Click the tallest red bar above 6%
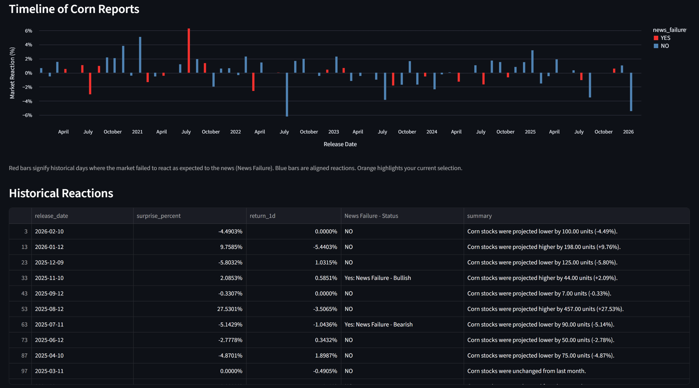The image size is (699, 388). click(189, 50)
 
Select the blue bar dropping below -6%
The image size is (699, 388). click(287, 94)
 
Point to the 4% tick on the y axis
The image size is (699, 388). click(28, 45)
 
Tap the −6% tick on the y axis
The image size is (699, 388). click(27, 115)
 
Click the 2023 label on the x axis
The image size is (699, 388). click(333, 132)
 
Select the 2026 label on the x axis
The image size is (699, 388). click(628, 132)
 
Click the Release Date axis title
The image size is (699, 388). click(340, 144)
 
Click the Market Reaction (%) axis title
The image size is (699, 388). click(12, 73)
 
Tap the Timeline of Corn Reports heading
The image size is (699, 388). click(74, 9)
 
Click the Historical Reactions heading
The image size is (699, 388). click(61, 193)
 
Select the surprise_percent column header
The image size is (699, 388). click(159, 216)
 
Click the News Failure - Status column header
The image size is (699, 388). click(371, 216)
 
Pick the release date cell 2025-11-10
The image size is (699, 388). click(49, 278)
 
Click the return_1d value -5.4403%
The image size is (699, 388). click(325, 247)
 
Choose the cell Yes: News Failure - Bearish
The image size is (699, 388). click(378, 324)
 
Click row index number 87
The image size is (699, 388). click(24, 355)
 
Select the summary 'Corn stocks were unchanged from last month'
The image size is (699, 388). click(526, 371)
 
